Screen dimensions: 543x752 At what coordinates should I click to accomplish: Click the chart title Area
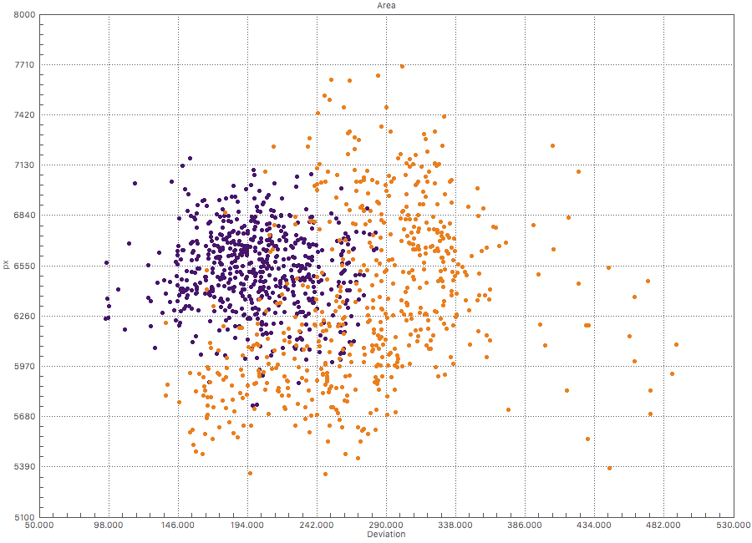click(386, 5)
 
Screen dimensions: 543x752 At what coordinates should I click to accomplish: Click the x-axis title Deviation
click(386, 535)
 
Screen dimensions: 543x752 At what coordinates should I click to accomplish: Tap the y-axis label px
click(6, 265)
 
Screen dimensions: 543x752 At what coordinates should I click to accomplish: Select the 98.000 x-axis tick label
click(109, 525)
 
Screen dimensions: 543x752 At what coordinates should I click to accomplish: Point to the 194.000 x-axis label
click(247, 525)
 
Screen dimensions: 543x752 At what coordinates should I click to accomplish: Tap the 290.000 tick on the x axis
click(386, 525)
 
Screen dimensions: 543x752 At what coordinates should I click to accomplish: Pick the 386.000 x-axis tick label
click(525, 525)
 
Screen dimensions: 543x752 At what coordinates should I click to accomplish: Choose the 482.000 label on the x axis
click(663, 525)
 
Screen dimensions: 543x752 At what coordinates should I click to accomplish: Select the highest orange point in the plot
click(402, 66)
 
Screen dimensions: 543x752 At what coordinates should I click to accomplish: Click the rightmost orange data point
click(676, 344)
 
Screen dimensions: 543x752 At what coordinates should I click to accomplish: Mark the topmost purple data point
click(190, 158)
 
